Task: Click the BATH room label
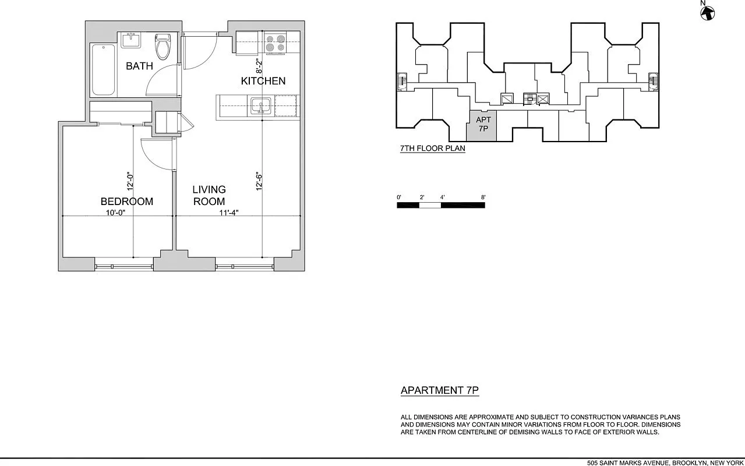pos(139,66)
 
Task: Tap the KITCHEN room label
pos(263,81)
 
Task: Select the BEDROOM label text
pos(127,202)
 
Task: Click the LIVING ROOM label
pos(209,196)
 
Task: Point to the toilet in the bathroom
pos(163,46)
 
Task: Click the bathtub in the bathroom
pos(104,70)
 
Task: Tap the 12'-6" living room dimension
pos(259,181)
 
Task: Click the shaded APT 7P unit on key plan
pos(483,125)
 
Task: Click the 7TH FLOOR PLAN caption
pos(433,149)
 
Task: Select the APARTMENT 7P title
pos(440,391)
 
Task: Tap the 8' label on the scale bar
pos(483,197)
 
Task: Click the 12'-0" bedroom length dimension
pos(130,181)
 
